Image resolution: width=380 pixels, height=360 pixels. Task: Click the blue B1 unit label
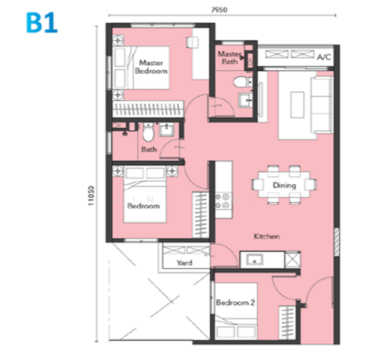pyautogui.click(x=42, y=23)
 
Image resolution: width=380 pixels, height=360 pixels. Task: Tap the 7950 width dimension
pyautogui.click(x=219, y=10)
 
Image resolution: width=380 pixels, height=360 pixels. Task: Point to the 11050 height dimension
pyautogui.click(x=91, y=196)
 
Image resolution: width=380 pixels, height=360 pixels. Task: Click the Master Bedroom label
pyautogui.click(x=151, y=67)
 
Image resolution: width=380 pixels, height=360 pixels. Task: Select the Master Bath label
pyautogui.click(x=230, y=58)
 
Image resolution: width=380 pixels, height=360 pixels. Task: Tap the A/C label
pyautogui.click(x=324, y=57)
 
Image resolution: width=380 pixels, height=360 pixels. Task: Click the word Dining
pyautogui.click(x=284, y=185)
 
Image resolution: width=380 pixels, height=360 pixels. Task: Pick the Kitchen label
pyautogui.click(x=267, y=236)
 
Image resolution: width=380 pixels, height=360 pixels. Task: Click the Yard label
pyautogui.click(x=185, y=263)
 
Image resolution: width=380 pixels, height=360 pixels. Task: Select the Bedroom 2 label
pyautogui.click(x=236, y=302)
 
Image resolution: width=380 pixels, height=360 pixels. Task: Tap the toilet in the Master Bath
pyautogui.click(x=242, y=82)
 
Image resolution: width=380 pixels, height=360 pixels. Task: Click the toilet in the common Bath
pyautogui.click(x=148, y=132)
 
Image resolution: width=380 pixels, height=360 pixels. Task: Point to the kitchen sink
pyautogui.click(x=255, y=260)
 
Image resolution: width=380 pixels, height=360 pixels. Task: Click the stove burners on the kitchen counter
pyautogui.click(x=223, y=201)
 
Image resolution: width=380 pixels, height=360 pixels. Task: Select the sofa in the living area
pyautogui.click(x=322, y=105)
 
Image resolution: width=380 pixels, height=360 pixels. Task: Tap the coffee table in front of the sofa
pyautogui.click(x=297, y=105)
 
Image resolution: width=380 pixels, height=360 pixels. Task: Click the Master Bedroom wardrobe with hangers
pyautogui.click(x=148, y=109)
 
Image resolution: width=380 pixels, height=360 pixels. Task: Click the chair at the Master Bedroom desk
pyautogui.click(x=192, y=43)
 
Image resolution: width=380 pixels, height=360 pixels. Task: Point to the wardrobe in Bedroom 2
pyautogui.click(x=288, y=323)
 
